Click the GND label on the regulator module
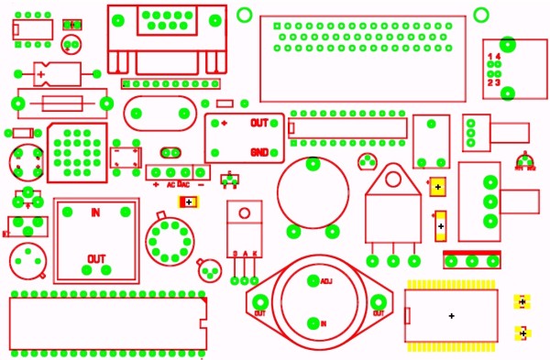click(x=259, y=152)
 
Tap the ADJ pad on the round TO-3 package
click(x=313, y=279)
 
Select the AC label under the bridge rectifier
click(x=171, y=184)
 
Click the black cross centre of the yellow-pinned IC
click(x=452, y=316)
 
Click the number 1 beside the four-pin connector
click(x=489, y=57)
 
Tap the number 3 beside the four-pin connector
click(x=498, y=82)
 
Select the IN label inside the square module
click(x=95, y=213)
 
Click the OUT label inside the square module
click(x=95, y=257)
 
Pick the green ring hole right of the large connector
click(x=482, y=12)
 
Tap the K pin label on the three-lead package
click(x=256, y=253)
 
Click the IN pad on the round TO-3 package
click(x=313, y=322)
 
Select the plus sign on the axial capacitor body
click(x=40, y=72)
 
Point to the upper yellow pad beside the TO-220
click(x=438, y=187)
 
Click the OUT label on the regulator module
click(x=259, y=123)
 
